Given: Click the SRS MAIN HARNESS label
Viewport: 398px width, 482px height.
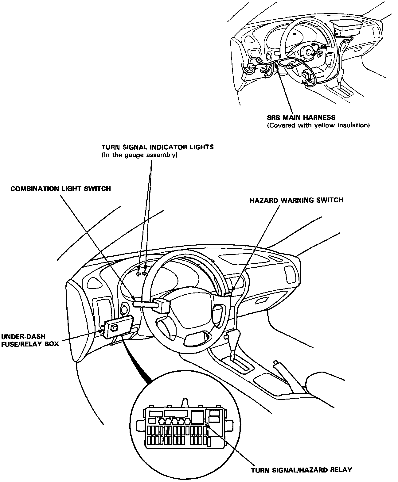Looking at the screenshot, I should (301, 117).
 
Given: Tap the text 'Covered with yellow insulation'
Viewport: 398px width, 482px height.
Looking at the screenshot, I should (318, 125).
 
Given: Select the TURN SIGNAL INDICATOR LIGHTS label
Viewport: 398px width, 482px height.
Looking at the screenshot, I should (158, 147).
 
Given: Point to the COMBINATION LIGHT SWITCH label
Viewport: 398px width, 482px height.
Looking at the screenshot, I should (60, 188).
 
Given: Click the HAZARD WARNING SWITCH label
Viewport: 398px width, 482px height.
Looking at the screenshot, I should (296, 200).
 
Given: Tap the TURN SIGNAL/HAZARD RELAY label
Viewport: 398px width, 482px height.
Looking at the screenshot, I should (301, 470).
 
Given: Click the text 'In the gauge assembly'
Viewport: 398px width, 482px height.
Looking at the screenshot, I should (140, 155).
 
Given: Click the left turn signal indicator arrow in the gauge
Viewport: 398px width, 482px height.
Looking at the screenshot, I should (139, 274).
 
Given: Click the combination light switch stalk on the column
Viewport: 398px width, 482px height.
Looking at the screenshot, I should (144, 304).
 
